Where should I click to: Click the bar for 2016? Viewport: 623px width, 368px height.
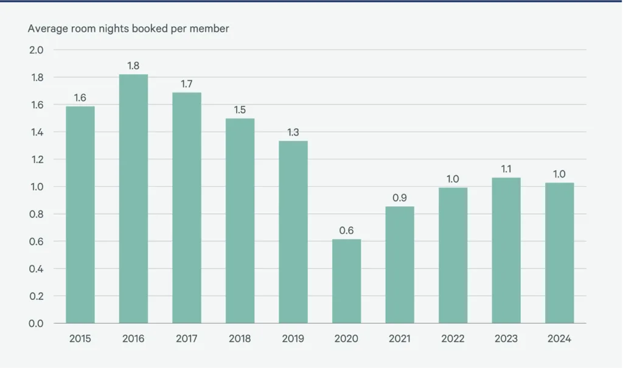(x=133, y=198)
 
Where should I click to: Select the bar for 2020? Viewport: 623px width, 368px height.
(x=346, y=281)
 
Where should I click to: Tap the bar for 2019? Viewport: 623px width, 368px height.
(x=293, y=232)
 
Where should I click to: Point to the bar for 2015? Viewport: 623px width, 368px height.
(x=80, y=215)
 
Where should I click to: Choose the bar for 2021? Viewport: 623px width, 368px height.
(x=400, y=265)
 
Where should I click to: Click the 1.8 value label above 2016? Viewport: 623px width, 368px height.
(x=133, y=65)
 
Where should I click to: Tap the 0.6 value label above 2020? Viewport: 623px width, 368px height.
(x=346, y=230)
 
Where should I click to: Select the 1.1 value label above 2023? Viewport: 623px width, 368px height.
(x=506, y=168)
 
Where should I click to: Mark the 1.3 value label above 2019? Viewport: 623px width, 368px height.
(x=293, y=132)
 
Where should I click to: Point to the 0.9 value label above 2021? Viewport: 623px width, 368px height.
(x=400, y=197)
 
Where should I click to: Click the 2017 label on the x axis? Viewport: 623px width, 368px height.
(x=187, y=339)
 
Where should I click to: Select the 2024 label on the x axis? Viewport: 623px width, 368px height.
(x=559, y=339)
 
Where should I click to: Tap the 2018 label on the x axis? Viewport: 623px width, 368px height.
(x=240, y=339)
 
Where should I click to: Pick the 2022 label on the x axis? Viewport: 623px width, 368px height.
(x=453, y=339)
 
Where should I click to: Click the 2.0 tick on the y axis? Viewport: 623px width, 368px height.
(x=36, y=50)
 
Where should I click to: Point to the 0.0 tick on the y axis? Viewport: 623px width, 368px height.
(x=36, y=324)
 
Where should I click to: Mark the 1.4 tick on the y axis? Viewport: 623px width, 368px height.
(x=36, y=132)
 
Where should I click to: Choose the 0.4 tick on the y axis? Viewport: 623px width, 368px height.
(x=36, y=269)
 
